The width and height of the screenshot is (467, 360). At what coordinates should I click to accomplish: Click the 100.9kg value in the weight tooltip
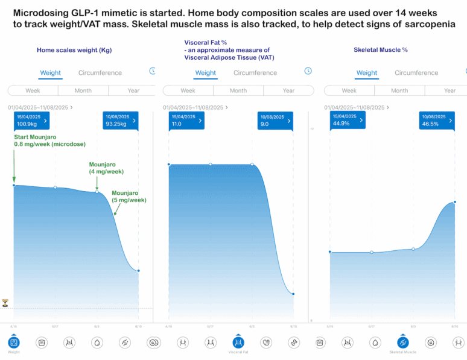coord(27,124)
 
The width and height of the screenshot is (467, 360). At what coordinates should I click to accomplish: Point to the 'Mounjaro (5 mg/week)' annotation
coord(129,196)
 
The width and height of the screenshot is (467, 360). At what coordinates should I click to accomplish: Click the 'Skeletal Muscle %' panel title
coord(381,49)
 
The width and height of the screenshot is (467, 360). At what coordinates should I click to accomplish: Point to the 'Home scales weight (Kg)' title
coord(74,50)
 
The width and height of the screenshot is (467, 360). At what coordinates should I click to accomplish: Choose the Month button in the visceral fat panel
coord(238,90)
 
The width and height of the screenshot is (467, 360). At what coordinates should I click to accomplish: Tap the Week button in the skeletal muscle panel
coord(349,90)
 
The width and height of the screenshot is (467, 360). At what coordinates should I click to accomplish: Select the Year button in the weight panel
coord(133,90)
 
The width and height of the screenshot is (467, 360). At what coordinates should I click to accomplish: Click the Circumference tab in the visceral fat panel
coord(255,72)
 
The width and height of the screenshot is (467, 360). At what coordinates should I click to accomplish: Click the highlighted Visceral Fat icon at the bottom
coord(238,343)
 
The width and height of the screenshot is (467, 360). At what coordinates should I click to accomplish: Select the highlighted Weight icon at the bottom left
coord(13,343)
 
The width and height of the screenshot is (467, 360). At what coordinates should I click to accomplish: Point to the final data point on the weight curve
coord(138,271)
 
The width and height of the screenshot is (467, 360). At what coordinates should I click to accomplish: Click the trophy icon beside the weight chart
coord(5,302)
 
